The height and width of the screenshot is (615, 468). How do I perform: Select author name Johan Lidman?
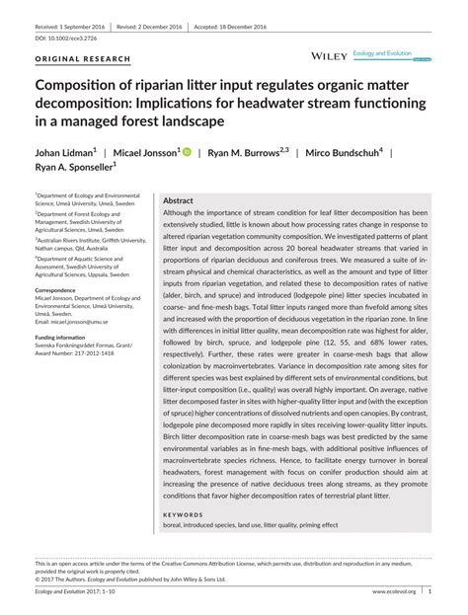67,153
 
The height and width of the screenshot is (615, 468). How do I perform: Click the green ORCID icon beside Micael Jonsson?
187,153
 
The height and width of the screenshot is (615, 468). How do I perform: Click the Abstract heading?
178,199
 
